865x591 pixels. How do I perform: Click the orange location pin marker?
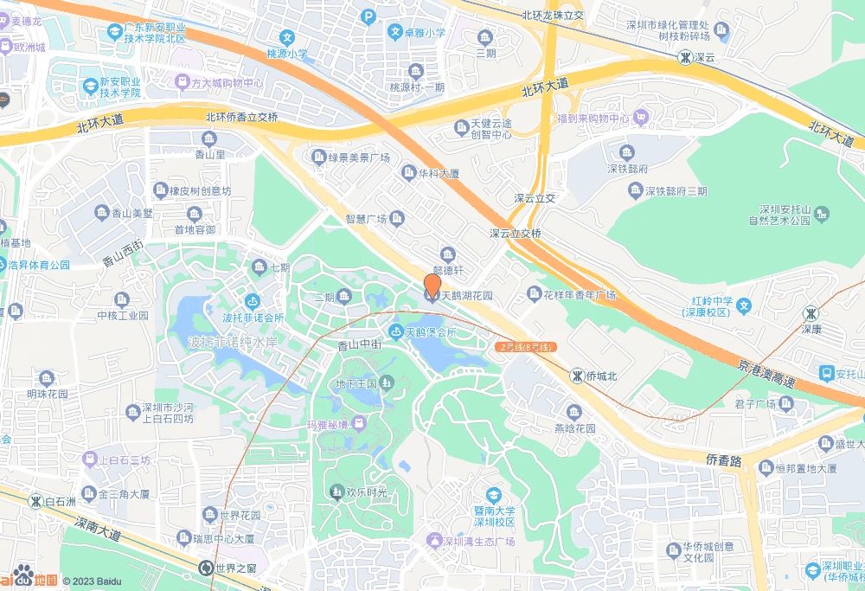(x=433, y=286)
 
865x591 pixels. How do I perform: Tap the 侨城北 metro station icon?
(x=577, y=376)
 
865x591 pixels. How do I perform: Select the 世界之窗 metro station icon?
(x=206, y=568)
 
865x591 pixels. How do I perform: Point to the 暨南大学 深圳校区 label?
(x=494, y=517)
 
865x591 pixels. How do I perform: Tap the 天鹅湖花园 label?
(x=466, y=296)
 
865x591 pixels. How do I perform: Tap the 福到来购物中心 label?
(x=593, y=118)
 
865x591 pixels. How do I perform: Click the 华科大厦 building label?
(x=439, y=173)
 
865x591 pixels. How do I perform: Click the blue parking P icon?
(x=368, y=16)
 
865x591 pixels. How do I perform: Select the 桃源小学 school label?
(x=287, y=54)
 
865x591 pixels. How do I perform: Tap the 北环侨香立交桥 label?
(x=241, y=118)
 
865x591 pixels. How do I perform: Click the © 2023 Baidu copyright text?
(x=92, y=581)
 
